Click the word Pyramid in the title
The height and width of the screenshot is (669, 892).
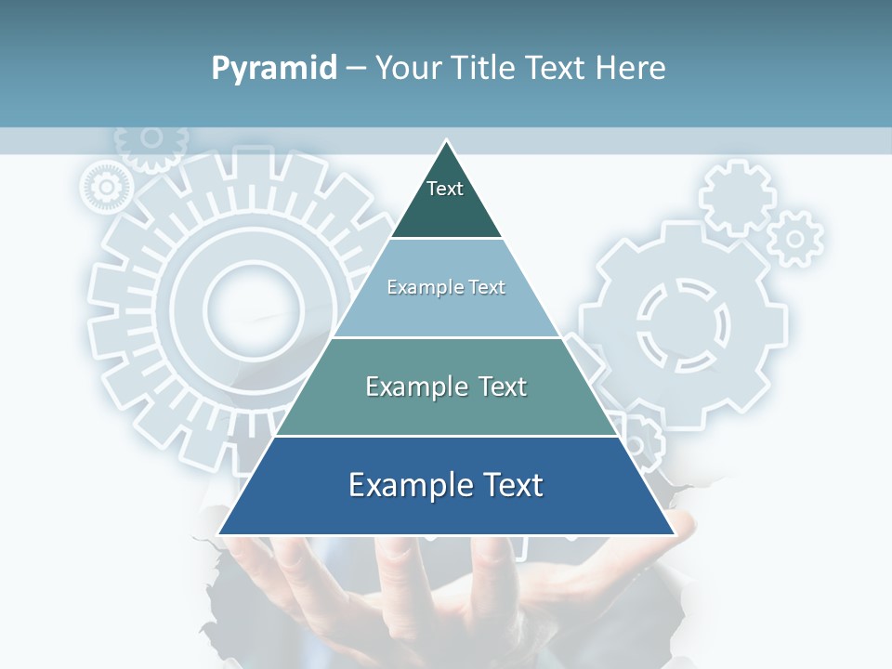point(274,69)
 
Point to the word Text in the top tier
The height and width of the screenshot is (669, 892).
point(445,189)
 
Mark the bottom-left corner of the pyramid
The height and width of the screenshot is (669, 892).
point(219,533)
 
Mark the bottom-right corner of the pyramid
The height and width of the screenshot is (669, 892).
point(674,533)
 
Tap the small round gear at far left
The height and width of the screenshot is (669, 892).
point(106,188)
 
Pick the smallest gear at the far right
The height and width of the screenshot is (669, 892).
point(795,239)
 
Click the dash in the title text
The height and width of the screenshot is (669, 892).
point(356,69)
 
